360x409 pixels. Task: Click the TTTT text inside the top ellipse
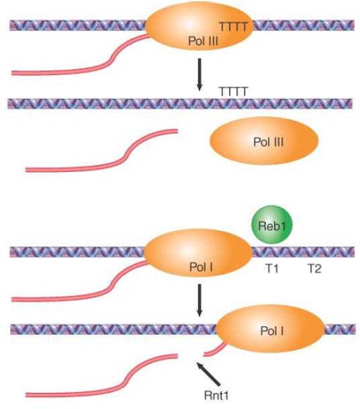[233, 27]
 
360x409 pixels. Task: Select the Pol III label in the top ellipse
[203, 41]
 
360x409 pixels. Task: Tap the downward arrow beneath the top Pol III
[199, 75]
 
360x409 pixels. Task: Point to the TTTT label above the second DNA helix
[233, 91]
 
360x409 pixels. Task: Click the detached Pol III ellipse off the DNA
[264, 140]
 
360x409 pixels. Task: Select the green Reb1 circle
[272, 225]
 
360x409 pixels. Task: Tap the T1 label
[272, 268]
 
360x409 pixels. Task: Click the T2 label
[314, 268]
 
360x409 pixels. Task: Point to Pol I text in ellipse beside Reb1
[201, 267]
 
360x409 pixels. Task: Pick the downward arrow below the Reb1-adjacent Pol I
[199, 300]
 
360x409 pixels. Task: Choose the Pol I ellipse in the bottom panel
[270, 328]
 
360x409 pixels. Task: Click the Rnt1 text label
[216, 396]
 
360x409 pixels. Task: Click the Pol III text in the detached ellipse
[268, 142]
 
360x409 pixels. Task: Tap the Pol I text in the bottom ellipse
[272, 330]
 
